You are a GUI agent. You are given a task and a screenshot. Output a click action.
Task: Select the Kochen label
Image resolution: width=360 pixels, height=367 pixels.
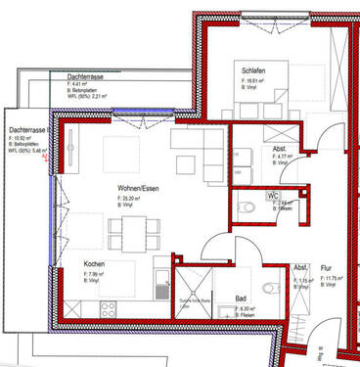tap(95, 264)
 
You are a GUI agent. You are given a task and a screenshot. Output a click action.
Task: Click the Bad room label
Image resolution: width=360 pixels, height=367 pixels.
tap(241, 299)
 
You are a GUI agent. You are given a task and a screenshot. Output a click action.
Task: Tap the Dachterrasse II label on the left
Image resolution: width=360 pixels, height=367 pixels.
tap(28, 130)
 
